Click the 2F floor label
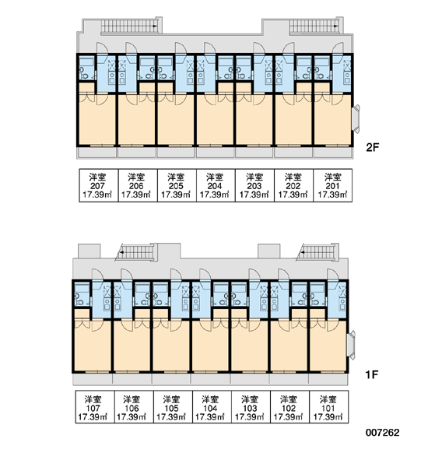click(x=372, y=147)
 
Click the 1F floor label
click(x=372, y=374)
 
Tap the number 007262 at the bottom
click(x=382, y=433)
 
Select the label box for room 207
click(x=99, y=185)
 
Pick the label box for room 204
click(x=216, y=185)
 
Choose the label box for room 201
click(x=333, y=185)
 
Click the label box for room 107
click(x=95, y=407)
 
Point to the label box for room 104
click(x=212, y=407)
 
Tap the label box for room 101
click(x=329, y=407)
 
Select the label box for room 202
click(x=293, y=185)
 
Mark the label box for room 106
click(x=134, y=407)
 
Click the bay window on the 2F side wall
click(x=356, y=118)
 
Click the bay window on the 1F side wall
click(x=352, y=345)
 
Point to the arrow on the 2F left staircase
click(x=155, y=26)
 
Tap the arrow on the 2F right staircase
click(x=336, y=26)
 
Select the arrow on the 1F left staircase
click(x=121, y=252)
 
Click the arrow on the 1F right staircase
click(x=302, y=252)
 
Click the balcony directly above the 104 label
click(x=211, y=379)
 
